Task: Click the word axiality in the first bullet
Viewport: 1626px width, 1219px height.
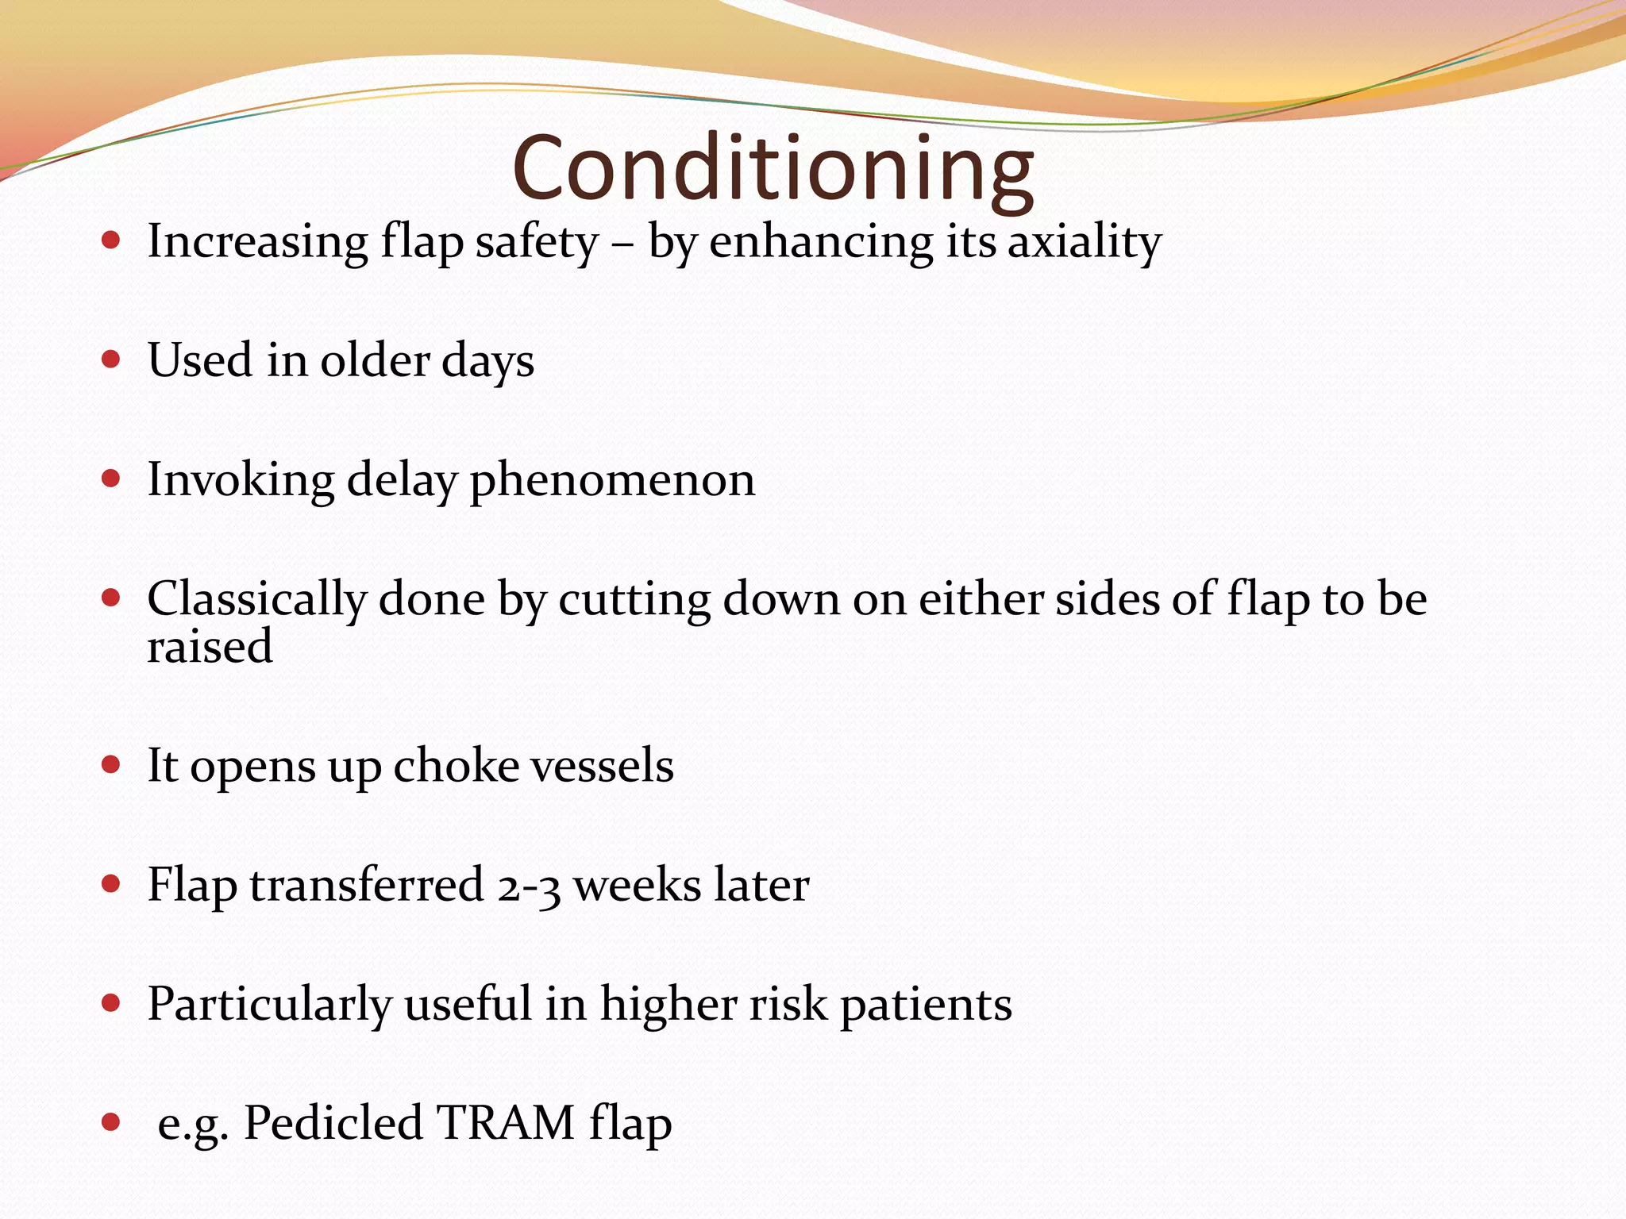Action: pos(1085,241)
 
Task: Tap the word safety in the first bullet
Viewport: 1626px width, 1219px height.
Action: pos(537,241)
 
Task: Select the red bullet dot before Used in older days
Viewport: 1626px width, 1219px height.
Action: pos(111,360)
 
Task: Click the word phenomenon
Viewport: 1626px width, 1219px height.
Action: pos(612,480)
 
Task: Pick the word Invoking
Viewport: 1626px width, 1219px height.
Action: pos(241,480)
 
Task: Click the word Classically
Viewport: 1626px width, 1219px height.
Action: pos(256,599)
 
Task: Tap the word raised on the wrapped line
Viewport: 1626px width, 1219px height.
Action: pos(210,646)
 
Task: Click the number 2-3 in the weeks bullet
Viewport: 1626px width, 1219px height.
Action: pos(529,886)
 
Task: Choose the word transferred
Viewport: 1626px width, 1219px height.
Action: pos(367,885)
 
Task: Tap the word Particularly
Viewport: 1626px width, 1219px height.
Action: pos(270,1005)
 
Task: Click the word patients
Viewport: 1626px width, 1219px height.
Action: pos(926,1005)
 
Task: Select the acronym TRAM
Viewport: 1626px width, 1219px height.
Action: pos(505,1123)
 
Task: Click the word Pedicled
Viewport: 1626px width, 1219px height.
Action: pos(333,1123)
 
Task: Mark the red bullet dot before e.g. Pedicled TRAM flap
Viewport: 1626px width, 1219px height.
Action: pos(111,1122)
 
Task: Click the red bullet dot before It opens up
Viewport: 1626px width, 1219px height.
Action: pos(111,765)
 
